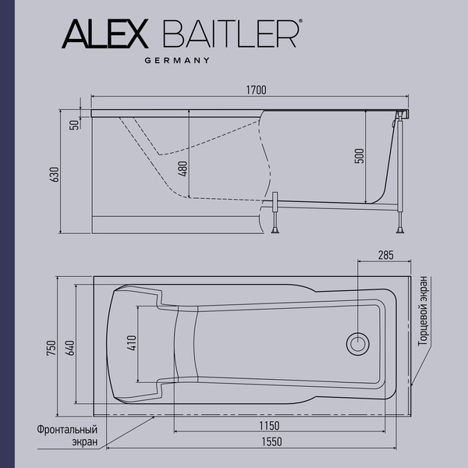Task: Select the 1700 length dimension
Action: (255, 90)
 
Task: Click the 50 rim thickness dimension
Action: (74, 124)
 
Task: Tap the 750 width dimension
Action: (51, 349)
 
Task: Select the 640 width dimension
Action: (70, 349)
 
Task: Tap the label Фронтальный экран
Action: (67, 435)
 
